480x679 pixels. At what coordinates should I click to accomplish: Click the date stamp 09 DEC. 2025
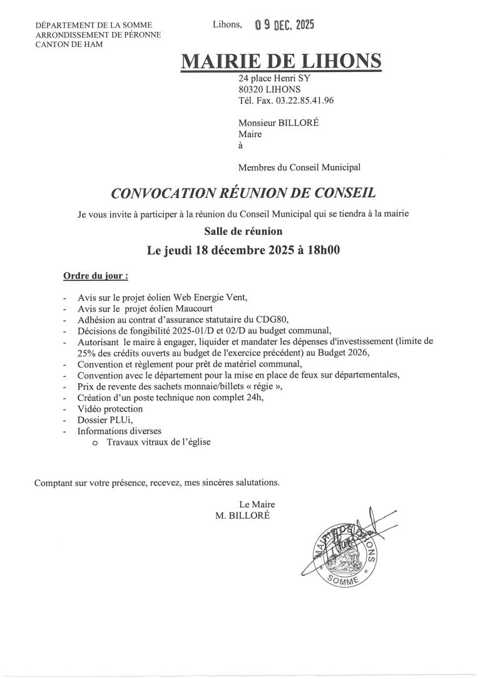click(x=284, y=25)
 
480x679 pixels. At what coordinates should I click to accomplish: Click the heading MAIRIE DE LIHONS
click(x=281, y=61)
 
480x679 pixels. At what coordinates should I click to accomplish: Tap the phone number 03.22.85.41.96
click(x=302, y=100)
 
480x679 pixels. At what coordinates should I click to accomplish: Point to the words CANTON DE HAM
click(x=69, y=44)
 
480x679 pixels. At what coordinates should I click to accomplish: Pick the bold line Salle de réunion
click(x=243, y=231)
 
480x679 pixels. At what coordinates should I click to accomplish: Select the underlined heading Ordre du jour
click(x=95, y=275)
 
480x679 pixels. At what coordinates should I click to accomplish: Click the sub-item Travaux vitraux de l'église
click(x=159, y=442)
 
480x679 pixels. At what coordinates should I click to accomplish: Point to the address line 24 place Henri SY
click(x=274, y=79)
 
